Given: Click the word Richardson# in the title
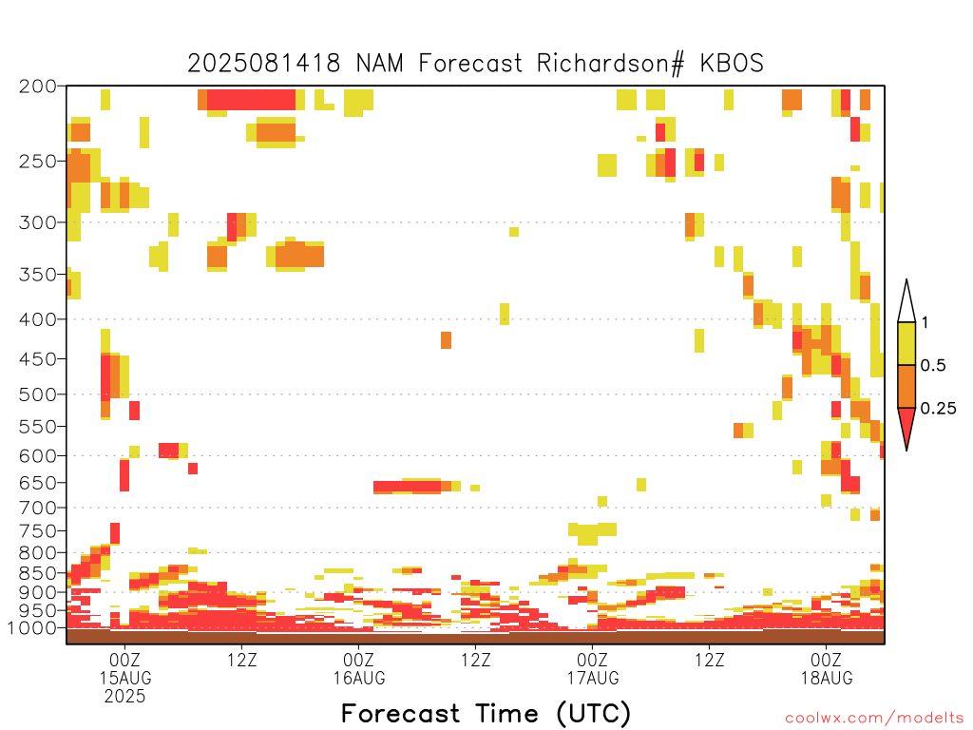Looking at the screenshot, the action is point(611,64).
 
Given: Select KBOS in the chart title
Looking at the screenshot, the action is point(732,64).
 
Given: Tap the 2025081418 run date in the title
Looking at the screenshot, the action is point(264,64).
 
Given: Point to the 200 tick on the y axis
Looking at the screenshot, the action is point(38,86).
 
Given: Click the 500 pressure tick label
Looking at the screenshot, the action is point(38,394).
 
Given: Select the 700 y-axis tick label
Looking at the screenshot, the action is point(38,508).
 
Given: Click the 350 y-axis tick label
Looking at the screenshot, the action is point(38,275).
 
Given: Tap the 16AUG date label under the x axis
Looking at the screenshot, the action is point(359,678).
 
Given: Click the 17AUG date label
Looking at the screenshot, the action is point(593,678).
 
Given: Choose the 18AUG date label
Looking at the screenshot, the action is point(828,678).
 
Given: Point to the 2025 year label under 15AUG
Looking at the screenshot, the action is point(125,697).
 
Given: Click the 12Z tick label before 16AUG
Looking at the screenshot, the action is point(242,660).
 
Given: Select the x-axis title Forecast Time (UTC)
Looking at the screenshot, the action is point(486,714).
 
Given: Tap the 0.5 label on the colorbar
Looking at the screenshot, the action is point(933,366).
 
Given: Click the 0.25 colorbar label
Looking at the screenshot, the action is point(938,409).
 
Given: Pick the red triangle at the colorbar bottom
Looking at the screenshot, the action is point(906,425).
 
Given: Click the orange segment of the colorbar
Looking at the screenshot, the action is point(906,386).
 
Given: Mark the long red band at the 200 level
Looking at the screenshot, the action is point(251,100).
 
